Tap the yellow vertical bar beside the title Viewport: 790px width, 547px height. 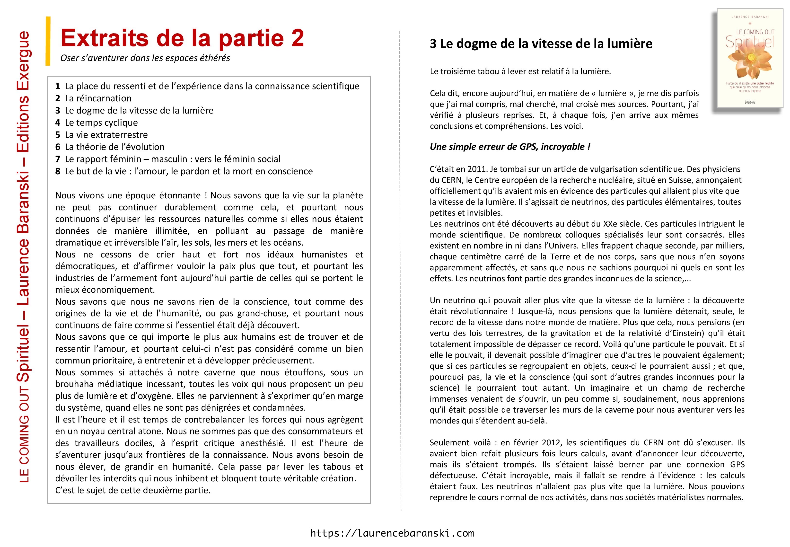pyautogui.click(x=48, y=41)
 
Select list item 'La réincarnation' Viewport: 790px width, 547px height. pyautogui.click(x=98, y=98)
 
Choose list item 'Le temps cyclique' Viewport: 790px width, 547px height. pyautogui.click(x=101, y=123)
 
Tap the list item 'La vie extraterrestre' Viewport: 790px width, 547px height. pyautogui.click(x=106, y=135)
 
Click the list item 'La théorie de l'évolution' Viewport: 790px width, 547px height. pyautogui.click(x=114, y=147)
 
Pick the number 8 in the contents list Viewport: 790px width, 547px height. pyautogui.click(x=58, y=171)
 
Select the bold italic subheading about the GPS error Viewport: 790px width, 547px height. pyautogui.click(x=510, y=147)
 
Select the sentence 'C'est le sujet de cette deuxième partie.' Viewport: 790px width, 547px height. pyautogui.click(x=133, y=490)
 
